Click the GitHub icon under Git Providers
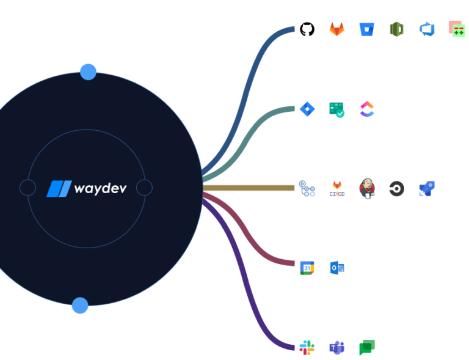click(x=307, y=29)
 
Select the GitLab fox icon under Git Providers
click(x=336, y=29)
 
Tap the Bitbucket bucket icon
click(x=366, y=29)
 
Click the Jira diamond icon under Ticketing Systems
click(x=307, y=109)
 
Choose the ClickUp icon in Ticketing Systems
click(x=366, y=109)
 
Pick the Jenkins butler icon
click(x=366, y=188)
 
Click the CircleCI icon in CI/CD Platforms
click(x=396, y=188)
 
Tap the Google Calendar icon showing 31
click(x=307, y=268)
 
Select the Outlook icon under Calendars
click(x=336, y=268)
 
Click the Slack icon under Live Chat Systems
click(x=307, y=348)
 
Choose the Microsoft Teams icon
click(x=336, y=348)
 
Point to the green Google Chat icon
click(x=366, y=348)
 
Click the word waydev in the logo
click(x=100, y=188)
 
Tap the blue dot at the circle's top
click(x=89, y=72)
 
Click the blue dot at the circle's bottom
click(x=80, y=305)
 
